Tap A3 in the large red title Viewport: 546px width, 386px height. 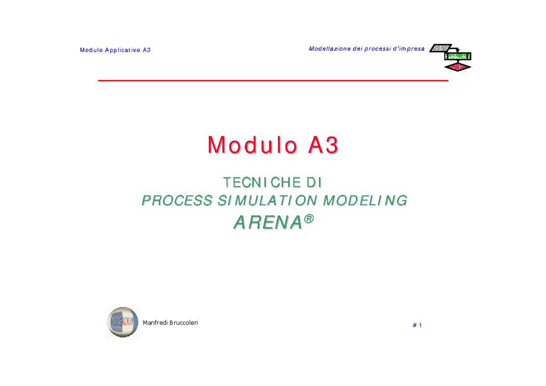pos(323,146)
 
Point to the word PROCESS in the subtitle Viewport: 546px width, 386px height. pos(177,200)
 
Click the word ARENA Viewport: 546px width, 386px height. pos(268,223)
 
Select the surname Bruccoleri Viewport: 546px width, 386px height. pos(184,323)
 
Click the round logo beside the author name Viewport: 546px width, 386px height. pos(123,322)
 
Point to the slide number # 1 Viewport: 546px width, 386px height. pos(417,325)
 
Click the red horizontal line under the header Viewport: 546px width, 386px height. pos(273,81)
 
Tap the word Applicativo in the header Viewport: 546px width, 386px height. pos(123,50)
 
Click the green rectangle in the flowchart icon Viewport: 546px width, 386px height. pos(458,56)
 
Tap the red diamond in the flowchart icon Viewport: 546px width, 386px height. pos(458,67)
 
